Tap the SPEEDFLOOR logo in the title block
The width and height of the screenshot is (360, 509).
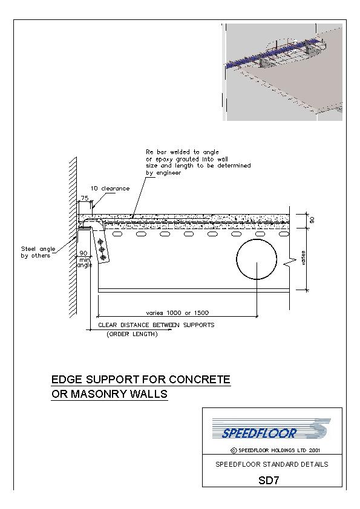pos(271,429)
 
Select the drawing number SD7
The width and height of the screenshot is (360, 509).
pos(269,480)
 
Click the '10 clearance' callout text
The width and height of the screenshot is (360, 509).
pos(110,188)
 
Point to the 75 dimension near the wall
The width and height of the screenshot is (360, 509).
pos(85,198)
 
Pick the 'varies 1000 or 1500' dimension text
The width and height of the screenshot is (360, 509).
pos(177,313)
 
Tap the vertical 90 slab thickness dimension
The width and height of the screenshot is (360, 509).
pos(312,220)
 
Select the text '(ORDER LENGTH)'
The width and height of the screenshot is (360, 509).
pos(132,334)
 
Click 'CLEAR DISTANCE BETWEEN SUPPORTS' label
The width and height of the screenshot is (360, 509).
pos(156,325)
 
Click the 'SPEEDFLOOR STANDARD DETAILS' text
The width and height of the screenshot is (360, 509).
pos(272,464)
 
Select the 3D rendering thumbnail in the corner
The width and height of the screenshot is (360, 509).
pos(283,72)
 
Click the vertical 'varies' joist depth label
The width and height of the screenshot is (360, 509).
pos(304,258)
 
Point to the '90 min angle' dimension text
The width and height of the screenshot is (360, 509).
pos(84,259)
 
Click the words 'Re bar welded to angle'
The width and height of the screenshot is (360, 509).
pos(182,152)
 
